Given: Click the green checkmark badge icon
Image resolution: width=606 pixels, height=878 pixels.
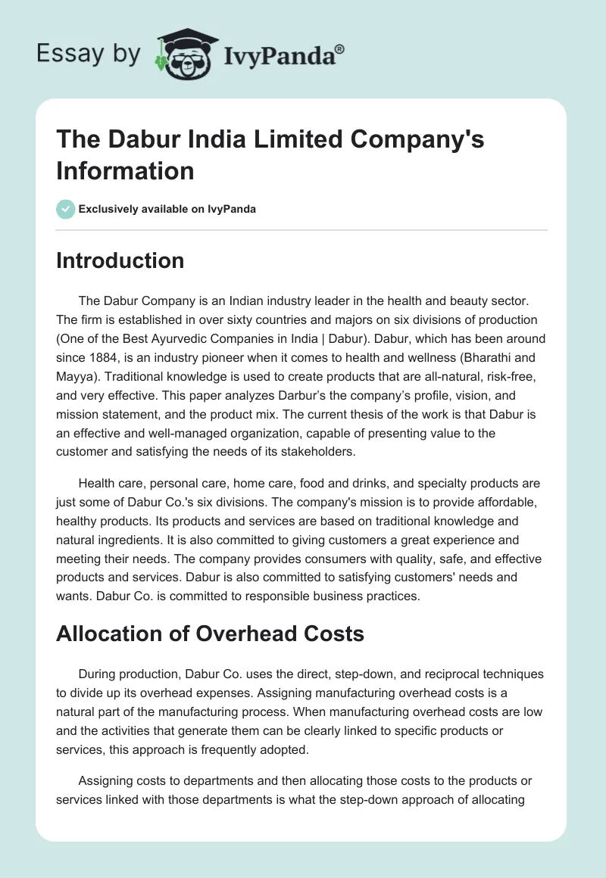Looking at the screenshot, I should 65,209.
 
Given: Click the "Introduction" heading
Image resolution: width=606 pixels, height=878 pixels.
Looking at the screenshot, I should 120,260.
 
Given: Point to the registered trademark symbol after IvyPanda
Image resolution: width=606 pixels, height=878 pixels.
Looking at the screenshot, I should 340,49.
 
